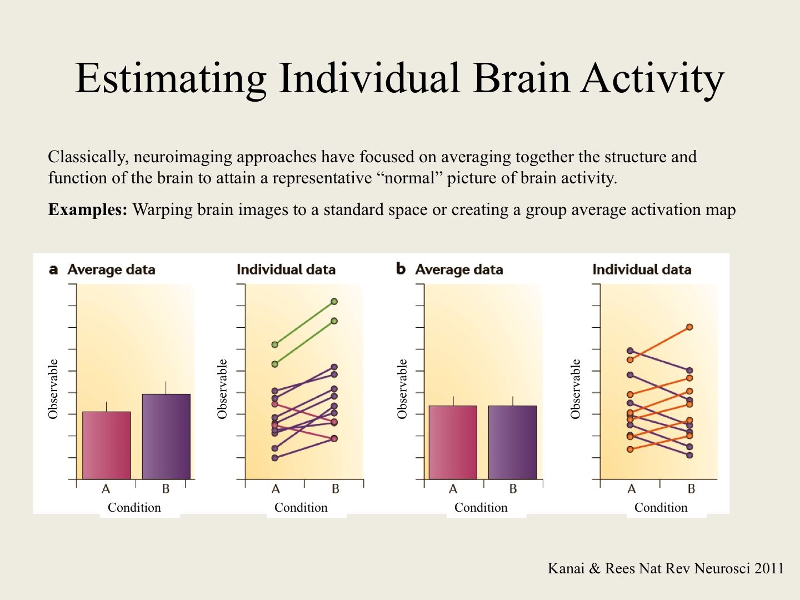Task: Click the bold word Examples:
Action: coord(88,210)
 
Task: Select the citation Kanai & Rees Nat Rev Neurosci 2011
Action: coord(666,568)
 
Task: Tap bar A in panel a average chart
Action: coord(107,445)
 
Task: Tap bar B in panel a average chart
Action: coord(166,436)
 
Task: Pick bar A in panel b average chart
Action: coord(453,442)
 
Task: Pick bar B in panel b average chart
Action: coord(512,442)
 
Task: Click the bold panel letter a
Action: coord(53,269)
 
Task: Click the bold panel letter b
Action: coord(401,269)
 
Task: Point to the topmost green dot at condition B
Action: coord(334,302)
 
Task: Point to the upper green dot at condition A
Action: coord(275,345)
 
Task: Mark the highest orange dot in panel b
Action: coord(689,327)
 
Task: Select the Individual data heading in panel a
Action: coord(286,269)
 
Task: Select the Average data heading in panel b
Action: coord(459,269)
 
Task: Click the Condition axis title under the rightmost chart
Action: coord(661,507)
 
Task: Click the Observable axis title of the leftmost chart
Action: coord(53,389)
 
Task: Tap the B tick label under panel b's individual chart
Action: coord(691,489)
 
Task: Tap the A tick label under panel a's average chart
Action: coord(106,489)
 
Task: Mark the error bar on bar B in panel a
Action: coord(166,387)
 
